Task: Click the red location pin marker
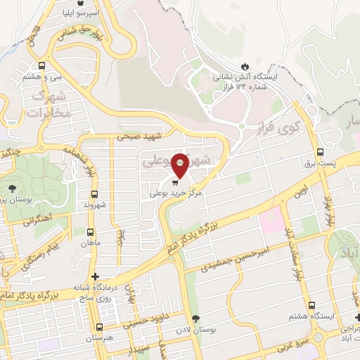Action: (181, 164)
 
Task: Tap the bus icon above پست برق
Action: (321, 151)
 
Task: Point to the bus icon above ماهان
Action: (90, 231)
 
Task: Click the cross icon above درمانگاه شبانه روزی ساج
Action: (96, 277)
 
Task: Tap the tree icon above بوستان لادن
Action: (196, 319)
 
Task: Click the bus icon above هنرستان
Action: (98, 327)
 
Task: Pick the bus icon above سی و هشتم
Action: (42, 65)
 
